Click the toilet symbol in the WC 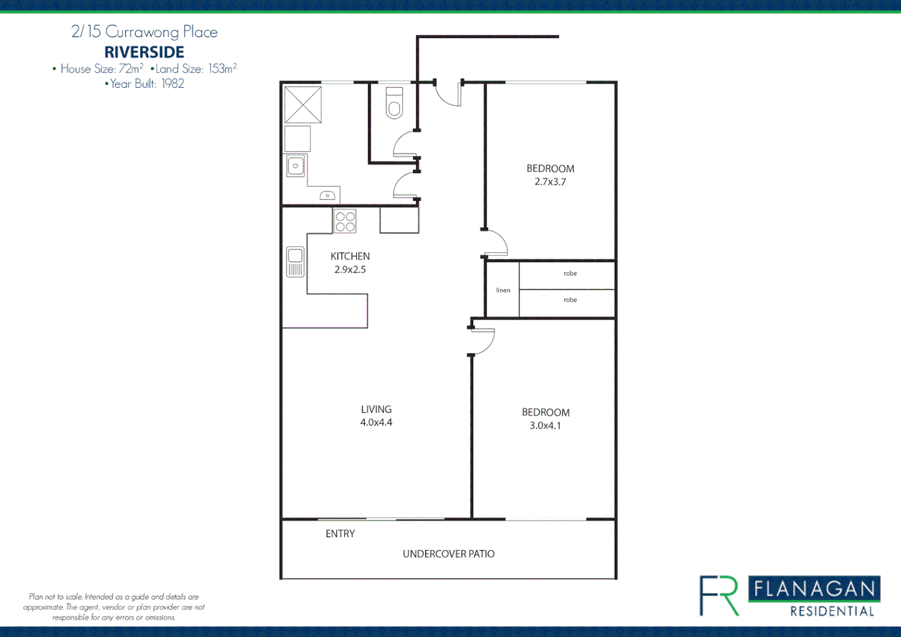(x=394, y=104)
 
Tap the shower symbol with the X (x=302, y=104)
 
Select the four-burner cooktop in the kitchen (x=345, y=222)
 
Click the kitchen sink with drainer (x=295, y=262)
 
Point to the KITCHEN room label (x=350, y=256)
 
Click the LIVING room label (x=376, y=409)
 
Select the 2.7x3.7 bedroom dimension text (x=550, y=182)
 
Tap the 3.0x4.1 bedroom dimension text (x=545, y=426)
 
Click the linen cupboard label (x=503, y=290)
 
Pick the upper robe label (x=570, y=274)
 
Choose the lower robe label (x=570, y=300)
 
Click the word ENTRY (x=340, y=534)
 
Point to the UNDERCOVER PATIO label (x=448, y=554)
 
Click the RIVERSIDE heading (x=144, y=52)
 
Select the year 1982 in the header (x=173, y=84)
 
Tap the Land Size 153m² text (x=195, y=69)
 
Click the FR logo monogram (x=719, y=596)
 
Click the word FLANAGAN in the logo (x=814, y=589)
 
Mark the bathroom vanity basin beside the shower (x=295, y=166)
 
